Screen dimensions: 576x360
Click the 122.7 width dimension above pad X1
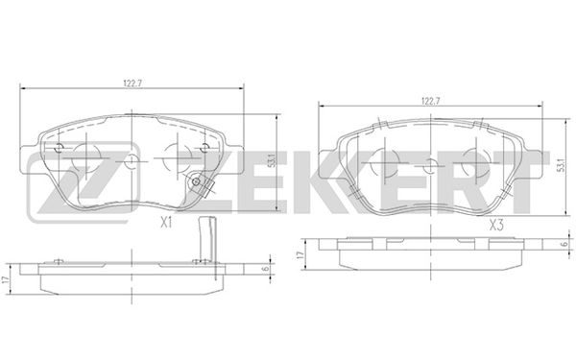click(x=132, y=84)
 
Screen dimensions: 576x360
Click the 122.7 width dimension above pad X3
click(x=431, y=101)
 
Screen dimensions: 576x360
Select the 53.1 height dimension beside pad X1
click(x=272, y=161)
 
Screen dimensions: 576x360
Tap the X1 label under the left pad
click(x=166, y=223)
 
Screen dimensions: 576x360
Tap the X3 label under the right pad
click(x=496, y=225)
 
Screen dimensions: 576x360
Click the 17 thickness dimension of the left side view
click(x=5, y=279)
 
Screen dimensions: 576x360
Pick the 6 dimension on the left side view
click(x=265, y=269)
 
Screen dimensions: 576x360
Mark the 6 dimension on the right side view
click(x=565, y=243)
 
